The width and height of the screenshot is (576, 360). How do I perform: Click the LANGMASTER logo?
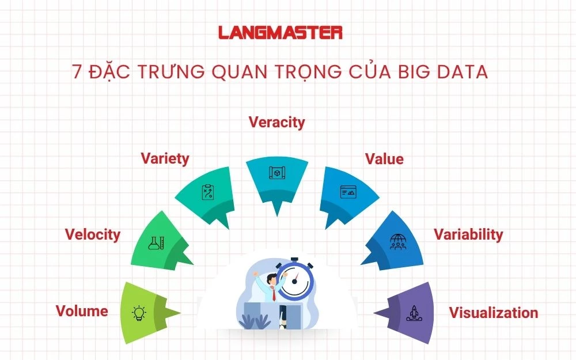coord(281,32)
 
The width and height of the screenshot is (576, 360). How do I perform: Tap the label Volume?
coord(82,311)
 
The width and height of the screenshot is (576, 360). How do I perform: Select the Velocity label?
coord(93,234)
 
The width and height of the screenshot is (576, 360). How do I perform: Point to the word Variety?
coord(165,158)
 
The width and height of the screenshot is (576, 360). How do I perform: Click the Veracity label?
coord(276,122)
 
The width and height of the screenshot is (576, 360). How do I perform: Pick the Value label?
coord(384,159)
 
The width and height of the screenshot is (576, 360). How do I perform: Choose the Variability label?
coord(468,234)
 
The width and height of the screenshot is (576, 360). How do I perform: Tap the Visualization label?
coord(494,313)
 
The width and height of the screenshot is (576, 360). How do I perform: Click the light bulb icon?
coord(139,313)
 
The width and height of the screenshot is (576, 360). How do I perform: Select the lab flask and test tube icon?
coord(157,242)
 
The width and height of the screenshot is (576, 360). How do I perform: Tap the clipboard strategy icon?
coord(207,192)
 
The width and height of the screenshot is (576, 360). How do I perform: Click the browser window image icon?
coord(347,192)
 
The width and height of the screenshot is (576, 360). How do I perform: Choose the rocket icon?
coord(413,313)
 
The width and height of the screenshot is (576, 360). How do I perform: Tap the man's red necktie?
coord(272,293)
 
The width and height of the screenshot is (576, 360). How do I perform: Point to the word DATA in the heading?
coord(463,72)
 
